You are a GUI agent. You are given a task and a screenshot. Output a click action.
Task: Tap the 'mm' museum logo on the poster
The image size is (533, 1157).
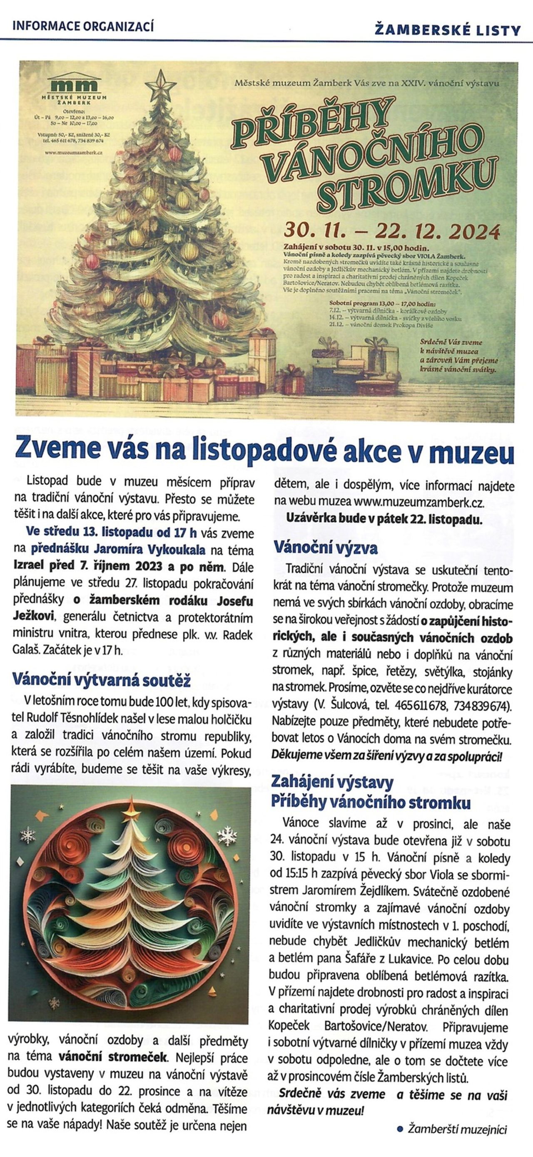click(x=75, y=86)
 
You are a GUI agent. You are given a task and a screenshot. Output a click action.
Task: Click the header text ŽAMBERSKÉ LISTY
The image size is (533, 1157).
click(x=447, y=30)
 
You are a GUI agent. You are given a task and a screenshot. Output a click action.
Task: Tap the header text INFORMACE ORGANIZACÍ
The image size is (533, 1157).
click(x=84, y=27)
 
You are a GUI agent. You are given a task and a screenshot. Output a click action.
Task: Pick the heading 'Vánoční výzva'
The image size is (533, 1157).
click(x=326, y=548)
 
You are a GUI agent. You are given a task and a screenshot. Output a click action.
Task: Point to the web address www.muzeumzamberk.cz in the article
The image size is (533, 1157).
click(x=413, y=502)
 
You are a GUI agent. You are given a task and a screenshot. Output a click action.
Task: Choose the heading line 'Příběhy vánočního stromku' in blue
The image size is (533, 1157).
click(x=371, y=802)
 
